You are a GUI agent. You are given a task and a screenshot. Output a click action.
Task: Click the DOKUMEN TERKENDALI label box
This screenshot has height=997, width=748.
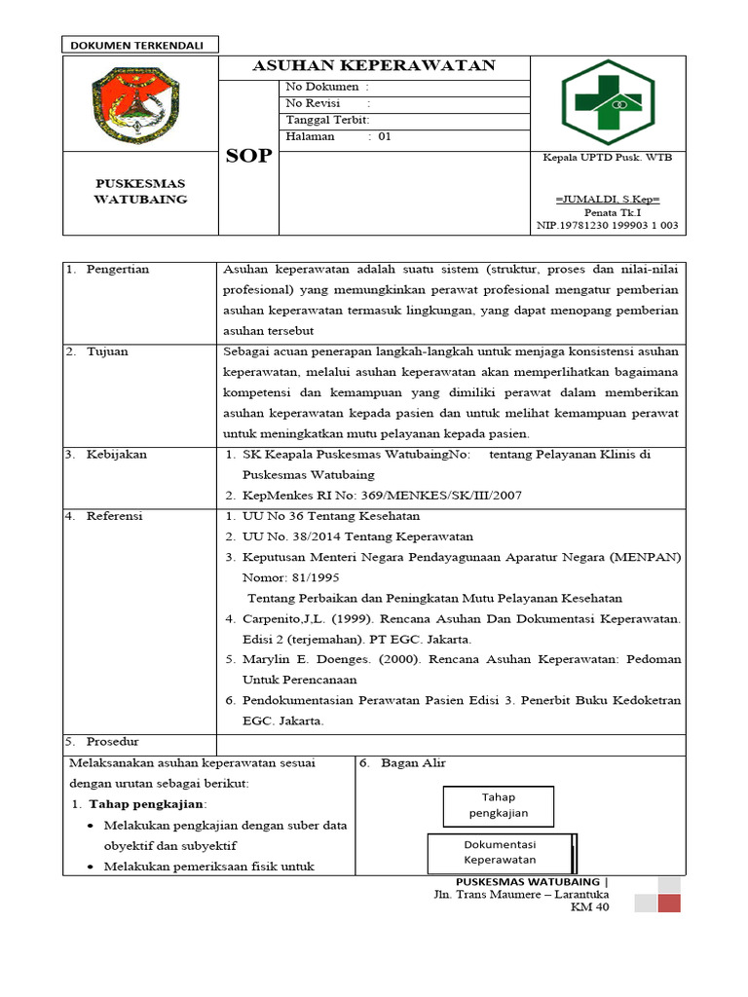[x=140, y=44]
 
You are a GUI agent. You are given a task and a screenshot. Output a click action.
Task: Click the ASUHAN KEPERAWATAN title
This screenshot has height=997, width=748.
[x=374, y=66]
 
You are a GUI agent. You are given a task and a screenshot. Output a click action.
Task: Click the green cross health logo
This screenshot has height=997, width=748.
[x=607, y=102]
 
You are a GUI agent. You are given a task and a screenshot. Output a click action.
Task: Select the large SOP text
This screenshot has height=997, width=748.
[x=249, y=156]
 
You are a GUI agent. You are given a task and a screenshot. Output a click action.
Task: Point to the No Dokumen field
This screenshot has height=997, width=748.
[x=327, y=88]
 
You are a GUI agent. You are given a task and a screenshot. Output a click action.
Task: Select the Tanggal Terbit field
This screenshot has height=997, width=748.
[x=327, y=120]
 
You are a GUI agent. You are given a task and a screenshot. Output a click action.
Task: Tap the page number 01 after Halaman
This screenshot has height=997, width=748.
[x=385, y=136]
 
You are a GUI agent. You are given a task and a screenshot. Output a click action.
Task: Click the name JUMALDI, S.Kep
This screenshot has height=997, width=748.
[x=607, y=199]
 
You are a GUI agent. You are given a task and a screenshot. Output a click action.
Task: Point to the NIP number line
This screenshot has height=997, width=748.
[x=607, y=225]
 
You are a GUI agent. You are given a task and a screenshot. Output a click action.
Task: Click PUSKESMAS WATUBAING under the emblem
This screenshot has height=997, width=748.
[x=140, y=191]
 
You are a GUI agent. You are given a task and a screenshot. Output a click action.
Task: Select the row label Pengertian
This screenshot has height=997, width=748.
[x=117, y=270]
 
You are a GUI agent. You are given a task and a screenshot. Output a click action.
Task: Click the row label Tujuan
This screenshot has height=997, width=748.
[x=108, y=351]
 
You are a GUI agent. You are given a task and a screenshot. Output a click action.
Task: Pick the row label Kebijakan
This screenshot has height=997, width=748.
[x=114, y=454]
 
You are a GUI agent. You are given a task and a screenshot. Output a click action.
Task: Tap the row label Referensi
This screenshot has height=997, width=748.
[x=114, y=516]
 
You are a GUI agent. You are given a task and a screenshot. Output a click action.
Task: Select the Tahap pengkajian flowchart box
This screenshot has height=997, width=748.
[x=498, y=805]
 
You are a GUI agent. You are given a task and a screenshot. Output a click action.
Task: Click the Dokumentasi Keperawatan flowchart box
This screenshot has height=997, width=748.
[x=500, y=853]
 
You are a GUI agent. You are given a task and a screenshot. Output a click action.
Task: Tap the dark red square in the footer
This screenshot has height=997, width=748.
[x=669, y=903]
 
